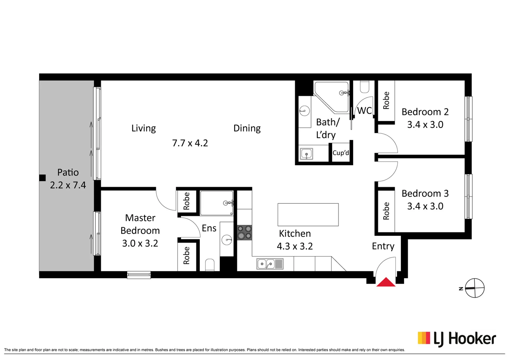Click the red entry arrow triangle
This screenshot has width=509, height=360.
pyautogui.click(x=386, y=282)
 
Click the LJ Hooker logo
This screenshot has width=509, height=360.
pyautogui.click(x=457, y=339)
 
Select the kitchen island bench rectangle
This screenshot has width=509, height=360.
pyautogui.click(x=308, y=215)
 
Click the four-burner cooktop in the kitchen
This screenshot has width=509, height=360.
pyautogui.click(x=244, y=233)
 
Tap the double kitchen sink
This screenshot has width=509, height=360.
pyautogui.click(x=270, y=264)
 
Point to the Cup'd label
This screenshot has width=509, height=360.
pyautogui.click(x=341, y=153)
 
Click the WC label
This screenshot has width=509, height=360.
pyautogui.click(x=365, y=111)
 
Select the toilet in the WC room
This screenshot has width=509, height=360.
pyautogui.click(x=365, y=87)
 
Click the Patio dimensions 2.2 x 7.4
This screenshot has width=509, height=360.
pyautogui.click(x=68, y=185)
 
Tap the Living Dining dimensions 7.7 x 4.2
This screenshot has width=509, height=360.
pyautogui.click(x=190, y=143)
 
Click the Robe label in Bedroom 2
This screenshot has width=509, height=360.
pyautogui.click(x=386, y=101)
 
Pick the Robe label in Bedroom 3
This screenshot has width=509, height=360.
pyautogui.click(x=386, y=211)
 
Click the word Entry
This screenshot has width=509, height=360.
pyautogui.click(x=383, y=246)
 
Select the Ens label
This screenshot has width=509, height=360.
pyautogui.click(x=209, y=228)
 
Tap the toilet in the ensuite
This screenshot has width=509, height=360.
pyautogui.click(x=210, y=265)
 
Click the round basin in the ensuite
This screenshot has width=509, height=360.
pyautogui.click(x=227, y=240)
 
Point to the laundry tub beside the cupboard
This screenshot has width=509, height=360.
pyautogui.click(x=306, y=154)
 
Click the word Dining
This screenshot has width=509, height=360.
pyautogui.click(x=247, y=128)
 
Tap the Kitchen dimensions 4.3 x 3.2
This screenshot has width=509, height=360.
pyautogui.click(x=295, y=246)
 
